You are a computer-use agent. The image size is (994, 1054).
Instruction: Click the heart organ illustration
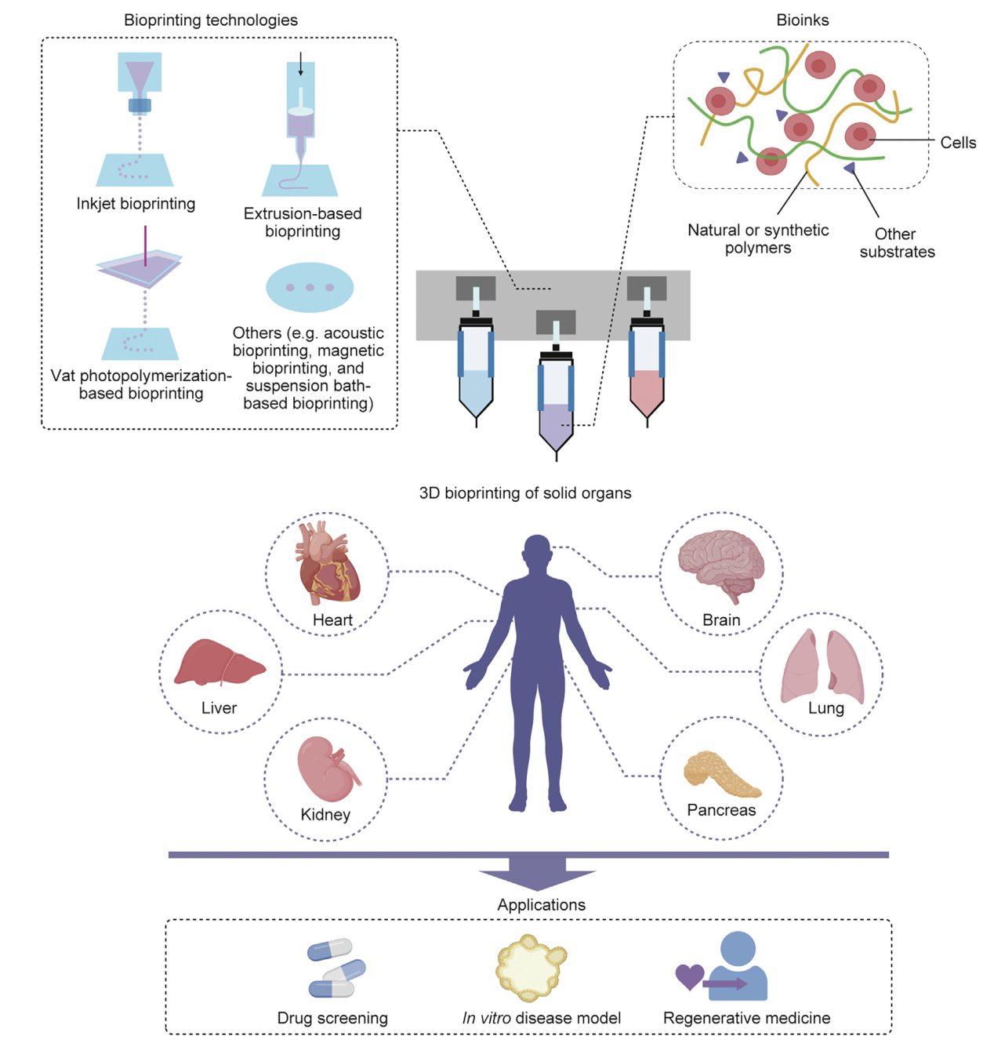click(x=328, y=563)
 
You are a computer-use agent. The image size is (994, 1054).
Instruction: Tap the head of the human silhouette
click(x=538, y=552)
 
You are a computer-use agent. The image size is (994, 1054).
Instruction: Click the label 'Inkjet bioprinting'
click(x=136, y=204)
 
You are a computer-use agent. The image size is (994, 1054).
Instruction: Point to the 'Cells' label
click(x=958, y=143)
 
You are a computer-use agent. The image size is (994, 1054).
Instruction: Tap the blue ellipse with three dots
click(x=310, y=288)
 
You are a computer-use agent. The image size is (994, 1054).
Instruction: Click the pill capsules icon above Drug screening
click(x=336, y=969)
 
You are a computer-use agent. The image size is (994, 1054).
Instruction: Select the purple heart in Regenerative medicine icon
click(x=689, y=976)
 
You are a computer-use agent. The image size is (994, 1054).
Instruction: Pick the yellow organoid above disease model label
click(x=531, y=967)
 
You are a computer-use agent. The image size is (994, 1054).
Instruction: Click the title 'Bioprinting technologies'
click(x=211, y=20)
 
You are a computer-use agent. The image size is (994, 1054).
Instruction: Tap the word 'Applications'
click(x=541, y=905)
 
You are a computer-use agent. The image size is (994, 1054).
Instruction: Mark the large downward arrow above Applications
click(x=538, y=873)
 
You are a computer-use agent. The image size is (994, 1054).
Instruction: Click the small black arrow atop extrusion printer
click(x=300, y=65)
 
